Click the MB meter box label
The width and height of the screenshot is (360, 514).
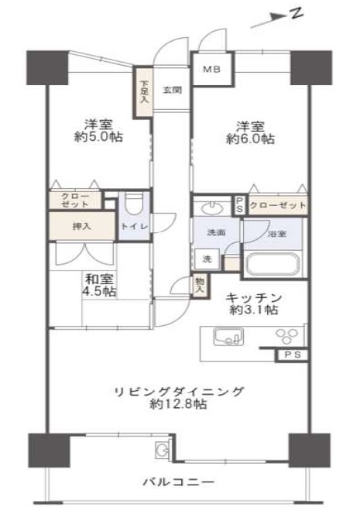(211, 69)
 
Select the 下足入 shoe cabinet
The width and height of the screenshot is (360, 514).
(143, 92)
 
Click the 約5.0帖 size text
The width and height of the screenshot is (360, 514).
(98, 137)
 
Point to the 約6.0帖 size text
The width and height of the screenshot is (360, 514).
(250, 139)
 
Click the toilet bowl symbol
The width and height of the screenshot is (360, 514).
(134, 204)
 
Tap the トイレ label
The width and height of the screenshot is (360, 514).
(135, 227)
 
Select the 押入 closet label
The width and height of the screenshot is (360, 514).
(81, 226)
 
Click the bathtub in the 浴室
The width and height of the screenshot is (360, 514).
(273, 263)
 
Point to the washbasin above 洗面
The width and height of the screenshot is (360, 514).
(212, 207)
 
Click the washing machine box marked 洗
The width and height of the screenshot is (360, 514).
(207, 259)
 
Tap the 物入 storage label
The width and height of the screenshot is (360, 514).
(199, 285)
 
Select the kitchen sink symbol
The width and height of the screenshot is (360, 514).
(228, 336)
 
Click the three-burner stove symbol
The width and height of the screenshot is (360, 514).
(287, 336)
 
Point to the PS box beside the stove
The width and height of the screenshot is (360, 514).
(293, 355)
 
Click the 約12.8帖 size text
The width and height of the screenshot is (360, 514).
(178, 404)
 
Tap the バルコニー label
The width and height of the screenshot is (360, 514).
(179, 482)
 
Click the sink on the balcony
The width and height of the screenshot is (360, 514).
(162, 448)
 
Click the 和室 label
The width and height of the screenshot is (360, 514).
(99, 279)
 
